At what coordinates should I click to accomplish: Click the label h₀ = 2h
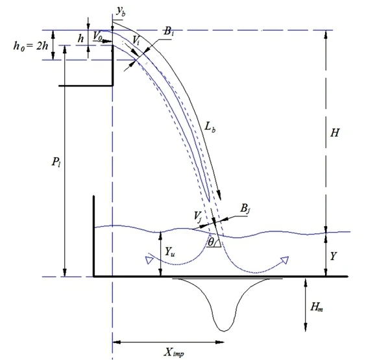(x=30, y=46)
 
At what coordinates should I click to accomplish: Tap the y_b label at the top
(x=121, y=11)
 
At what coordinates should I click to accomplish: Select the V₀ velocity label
(x=97, y=36)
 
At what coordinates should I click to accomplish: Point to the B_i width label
(x=169, y=31)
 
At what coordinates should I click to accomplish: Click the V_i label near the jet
(x=136, y=40)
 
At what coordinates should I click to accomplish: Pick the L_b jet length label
(x=210, y=127)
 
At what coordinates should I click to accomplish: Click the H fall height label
(x=335, y=133)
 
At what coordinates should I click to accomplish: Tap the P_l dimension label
(x=56, y=162)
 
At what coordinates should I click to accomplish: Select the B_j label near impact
(x=245, y=208)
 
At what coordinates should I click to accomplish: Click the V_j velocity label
(x=198, y=216)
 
